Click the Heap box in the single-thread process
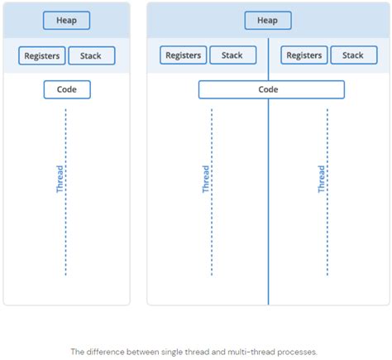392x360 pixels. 67,21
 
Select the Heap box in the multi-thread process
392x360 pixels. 268,21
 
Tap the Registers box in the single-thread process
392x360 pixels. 41,56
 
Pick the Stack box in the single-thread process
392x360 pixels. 92,56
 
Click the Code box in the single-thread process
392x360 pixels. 67,89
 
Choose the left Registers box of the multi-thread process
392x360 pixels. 184,55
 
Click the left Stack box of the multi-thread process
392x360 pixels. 232,55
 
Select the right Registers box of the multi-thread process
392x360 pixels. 304,55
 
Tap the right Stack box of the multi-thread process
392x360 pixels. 353,55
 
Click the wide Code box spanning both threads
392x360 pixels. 271,89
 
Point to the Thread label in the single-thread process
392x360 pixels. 60,179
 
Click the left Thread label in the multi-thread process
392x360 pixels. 206,179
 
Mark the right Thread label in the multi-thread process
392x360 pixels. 322,179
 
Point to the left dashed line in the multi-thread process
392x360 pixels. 213,240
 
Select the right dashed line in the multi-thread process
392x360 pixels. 328,240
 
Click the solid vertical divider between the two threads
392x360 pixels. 268,207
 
